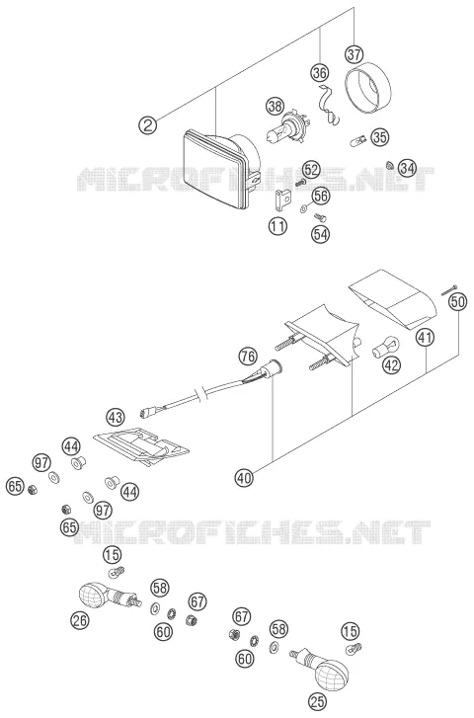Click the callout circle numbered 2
point(147,124)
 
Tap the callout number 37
point(354,54)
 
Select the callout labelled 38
point(276,107)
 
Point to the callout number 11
point(277,226)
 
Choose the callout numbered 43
point(115,417)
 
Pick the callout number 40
point(244,478)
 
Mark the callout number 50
point(458,302)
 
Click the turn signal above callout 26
point(109,595)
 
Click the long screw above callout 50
point(449,289)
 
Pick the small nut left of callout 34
point(390,164)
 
